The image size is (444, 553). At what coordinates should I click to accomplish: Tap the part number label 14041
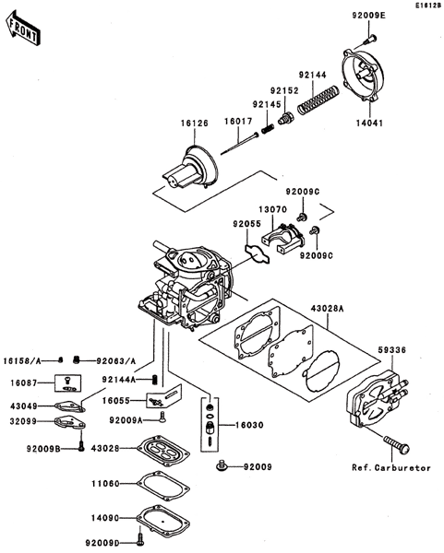coord(369,124)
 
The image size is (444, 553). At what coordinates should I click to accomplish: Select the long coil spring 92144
coord(318,100)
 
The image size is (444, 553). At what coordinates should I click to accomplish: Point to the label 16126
coord(195,124)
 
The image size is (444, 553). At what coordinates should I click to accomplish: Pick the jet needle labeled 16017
coord(239,143)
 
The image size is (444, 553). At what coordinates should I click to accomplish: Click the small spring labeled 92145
coord(268,129)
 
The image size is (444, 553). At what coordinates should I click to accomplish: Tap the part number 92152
coord(284,90)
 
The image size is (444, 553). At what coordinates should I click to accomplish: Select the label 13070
coord(272,209)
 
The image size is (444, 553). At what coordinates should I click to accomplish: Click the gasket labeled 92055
coord(258,253)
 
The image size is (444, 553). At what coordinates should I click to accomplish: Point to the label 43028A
coord(327,308)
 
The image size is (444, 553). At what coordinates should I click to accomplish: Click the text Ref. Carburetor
coord(391,468)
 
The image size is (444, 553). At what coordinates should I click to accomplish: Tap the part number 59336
coord(391,350)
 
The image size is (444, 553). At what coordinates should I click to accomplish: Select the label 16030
coord(249,425)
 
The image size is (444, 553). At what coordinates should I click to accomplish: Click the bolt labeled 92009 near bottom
coord(222,465)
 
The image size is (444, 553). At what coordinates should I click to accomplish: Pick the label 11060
coord(105,484)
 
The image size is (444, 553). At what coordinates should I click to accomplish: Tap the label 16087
coord(24,382)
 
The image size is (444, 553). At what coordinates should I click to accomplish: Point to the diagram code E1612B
coord(428,6)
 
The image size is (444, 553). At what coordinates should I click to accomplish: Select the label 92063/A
coord(116,360)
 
